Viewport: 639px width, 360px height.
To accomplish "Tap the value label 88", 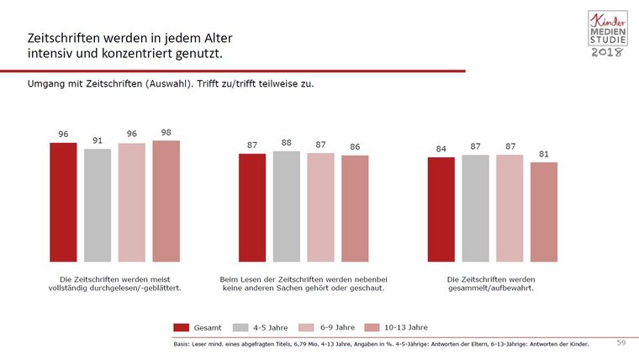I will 287,143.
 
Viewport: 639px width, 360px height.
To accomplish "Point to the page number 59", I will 621,343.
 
